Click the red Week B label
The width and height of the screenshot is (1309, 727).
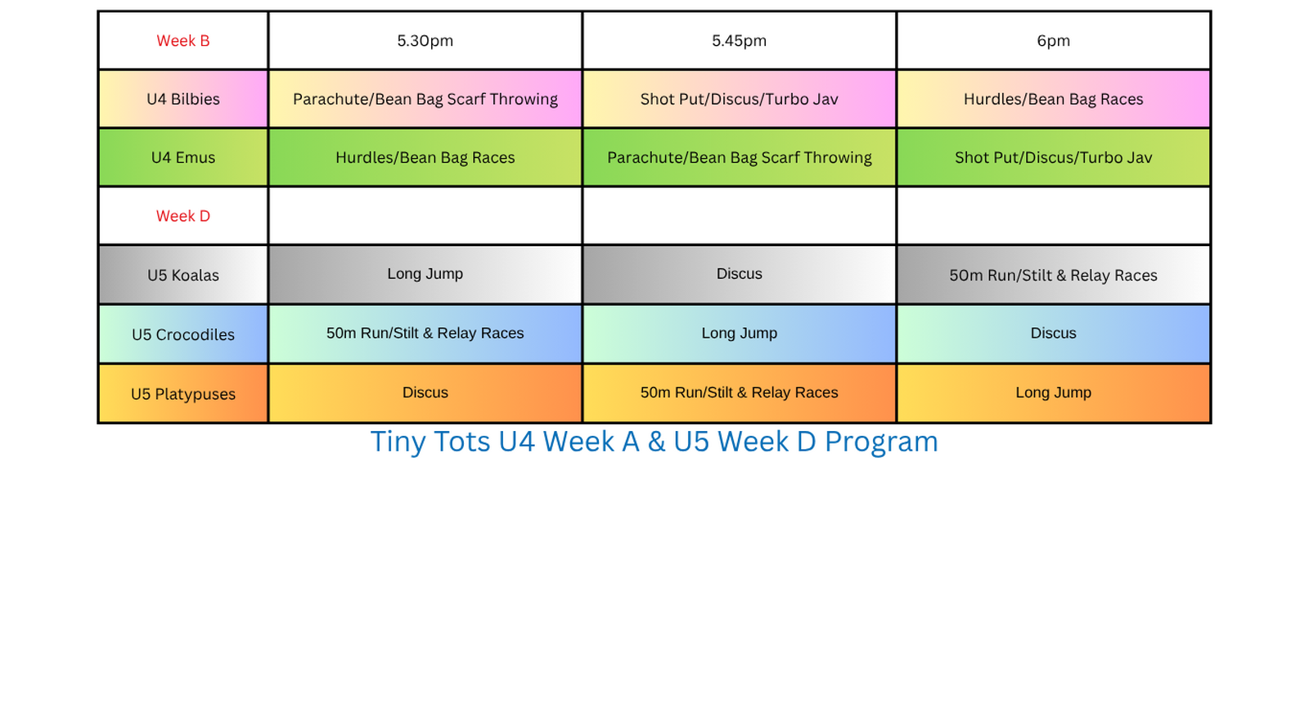pos(183,41)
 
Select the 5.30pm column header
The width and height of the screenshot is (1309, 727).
pos(425,41)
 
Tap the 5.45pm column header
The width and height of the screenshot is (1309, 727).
pos(740,41)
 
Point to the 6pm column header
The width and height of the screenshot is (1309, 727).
pos(1053,41)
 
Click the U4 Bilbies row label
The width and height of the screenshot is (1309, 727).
pos(183,99)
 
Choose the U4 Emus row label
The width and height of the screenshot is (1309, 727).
pos(183,158)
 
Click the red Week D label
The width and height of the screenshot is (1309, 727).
pos(183,216)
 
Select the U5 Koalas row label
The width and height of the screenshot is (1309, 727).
pos(183,275)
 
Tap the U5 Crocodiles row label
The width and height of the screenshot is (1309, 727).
pos(183,334)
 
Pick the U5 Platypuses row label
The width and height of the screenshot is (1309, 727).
pos(183,394)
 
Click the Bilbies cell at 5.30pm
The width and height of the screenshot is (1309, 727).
pos(425,99)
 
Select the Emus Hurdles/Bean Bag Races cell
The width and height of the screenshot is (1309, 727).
pos(425,158)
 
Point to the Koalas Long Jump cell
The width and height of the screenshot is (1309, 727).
pos(425,275)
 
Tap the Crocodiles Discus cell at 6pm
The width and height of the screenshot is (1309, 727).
pos(1053,334)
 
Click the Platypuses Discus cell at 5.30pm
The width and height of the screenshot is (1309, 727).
pos(425,393)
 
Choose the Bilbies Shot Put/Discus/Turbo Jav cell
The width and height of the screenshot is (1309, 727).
pos(740,99)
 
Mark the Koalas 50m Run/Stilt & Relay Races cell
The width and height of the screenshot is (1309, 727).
pos(1053,275)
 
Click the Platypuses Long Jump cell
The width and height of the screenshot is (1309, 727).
pos(1053,393)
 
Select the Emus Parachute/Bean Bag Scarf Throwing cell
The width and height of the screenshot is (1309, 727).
pos(740,158)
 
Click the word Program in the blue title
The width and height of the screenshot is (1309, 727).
pos(881,442)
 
